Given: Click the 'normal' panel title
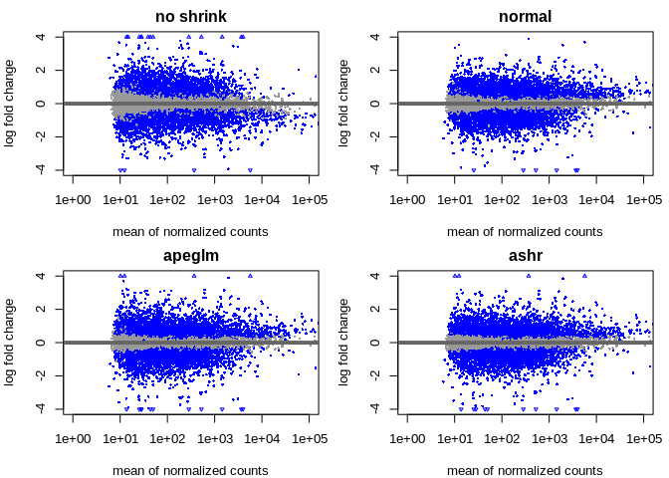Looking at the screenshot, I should tap(525, 17).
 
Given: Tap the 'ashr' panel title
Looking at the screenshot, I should tap(525, 256).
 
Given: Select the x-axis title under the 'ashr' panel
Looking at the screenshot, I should tap(525, 471).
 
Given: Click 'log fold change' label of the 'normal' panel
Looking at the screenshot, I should tap(344, 104).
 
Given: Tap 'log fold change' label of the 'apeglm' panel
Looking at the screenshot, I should tap(10, 343).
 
